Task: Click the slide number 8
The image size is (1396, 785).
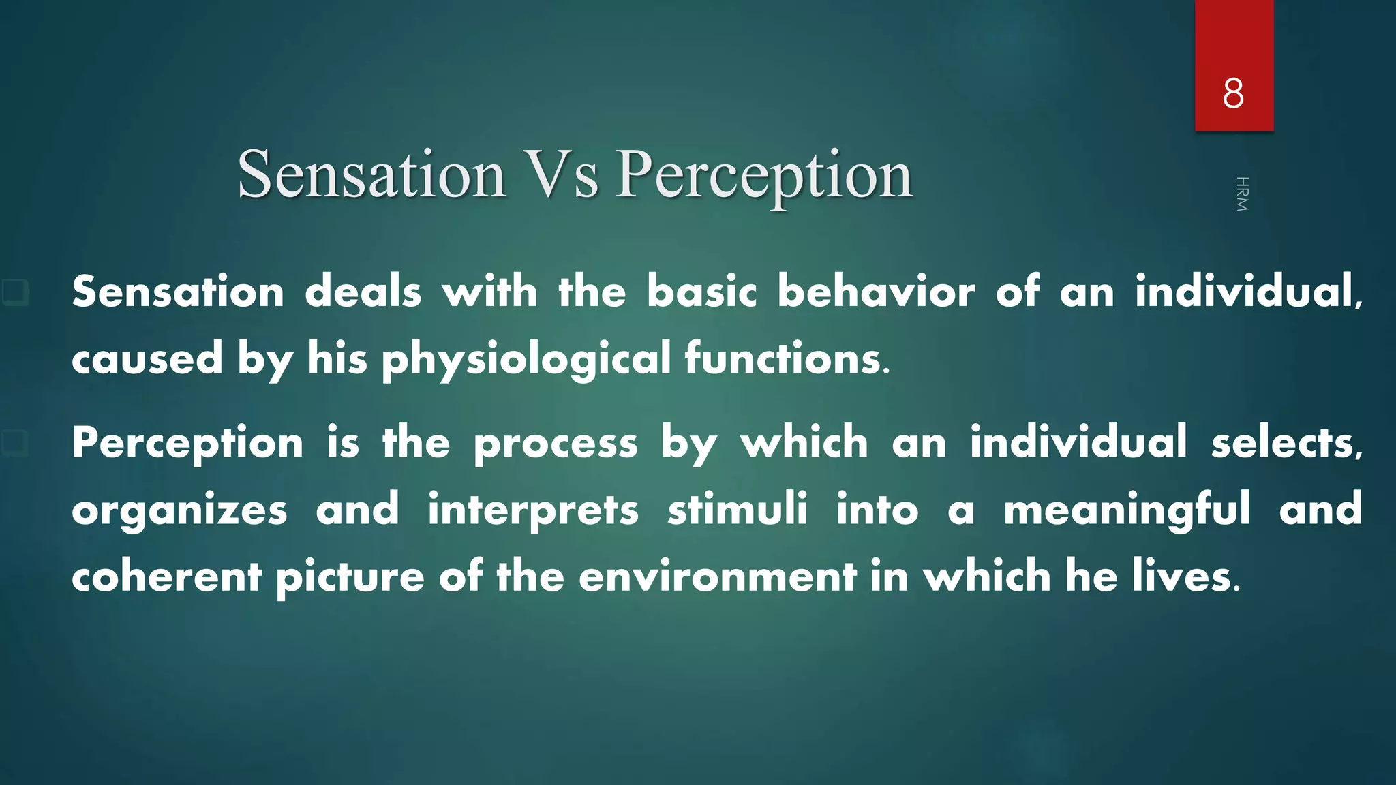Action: (1233, 93)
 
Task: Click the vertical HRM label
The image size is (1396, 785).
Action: (1242, 194)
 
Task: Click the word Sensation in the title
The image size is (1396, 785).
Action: (371, 174)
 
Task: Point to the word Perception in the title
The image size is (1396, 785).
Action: (764, 176)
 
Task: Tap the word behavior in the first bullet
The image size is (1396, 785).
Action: (876, 292)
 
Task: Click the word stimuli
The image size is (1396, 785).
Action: (738, 509)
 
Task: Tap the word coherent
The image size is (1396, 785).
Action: (166, 576)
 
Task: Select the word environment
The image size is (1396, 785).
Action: (718, 576)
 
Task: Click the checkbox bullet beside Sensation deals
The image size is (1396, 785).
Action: (14, 292)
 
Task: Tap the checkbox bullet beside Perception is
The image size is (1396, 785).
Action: (14, 443)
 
